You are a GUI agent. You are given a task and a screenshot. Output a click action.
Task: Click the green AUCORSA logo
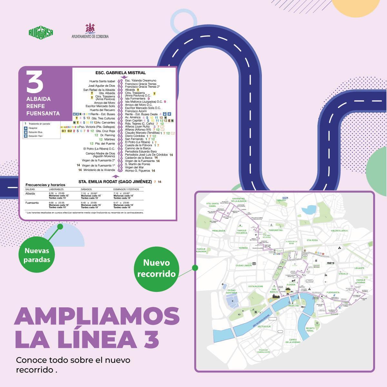coord(41,32)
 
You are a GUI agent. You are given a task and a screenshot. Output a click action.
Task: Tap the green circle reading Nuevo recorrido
coord(156,268)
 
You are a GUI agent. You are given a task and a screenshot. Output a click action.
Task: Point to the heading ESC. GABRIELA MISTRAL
coord(121,73)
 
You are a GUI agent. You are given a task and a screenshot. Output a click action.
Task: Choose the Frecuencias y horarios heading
coord(43,185)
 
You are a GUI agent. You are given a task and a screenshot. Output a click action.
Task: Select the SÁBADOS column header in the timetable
coord(86,189)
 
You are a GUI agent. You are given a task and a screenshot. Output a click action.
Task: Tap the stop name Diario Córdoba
coord(135,136)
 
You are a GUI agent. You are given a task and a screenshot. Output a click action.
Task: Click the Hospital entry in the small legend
coord(33,128)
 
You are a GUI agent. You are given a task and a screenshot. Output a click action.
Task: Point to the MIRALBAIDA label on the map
coord(219,231)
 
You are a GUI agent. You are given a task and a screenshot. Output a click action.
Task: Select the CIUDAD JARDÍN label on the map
coord(244,265)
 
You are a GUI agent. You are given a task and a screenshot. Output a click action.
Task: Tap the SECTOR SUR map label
coord(271,327)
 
